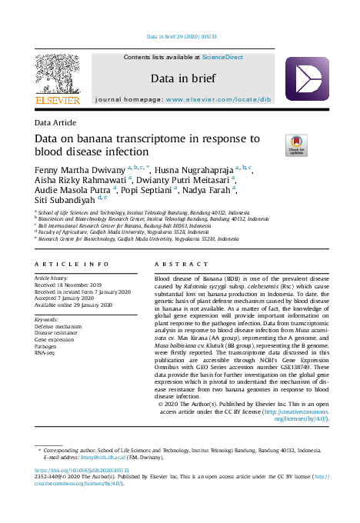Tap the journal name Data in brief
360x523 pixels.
[x=183, y=78]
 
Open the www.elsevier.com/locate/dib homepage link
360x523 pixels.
[x=218, y=100]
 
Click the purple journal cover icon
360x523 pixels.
[x=306, y=79]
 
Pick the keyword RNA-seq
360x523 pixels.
[x=45, y=351]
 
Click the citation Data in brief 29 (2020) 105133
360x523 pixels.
[x=182, y=36]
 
